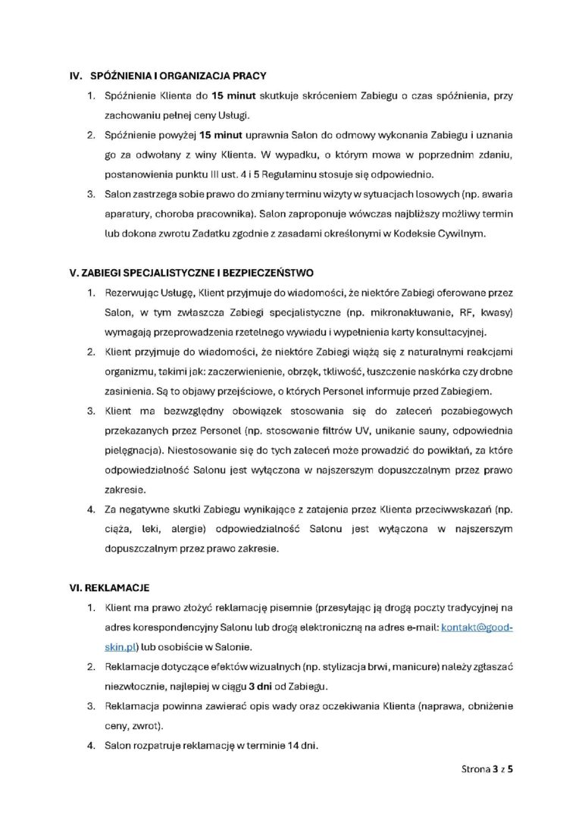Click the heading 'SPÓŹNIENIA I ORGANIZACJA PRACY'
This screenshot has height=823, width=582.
tap(177, 77)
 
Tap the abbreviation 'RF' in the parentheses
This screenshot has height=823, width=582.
tap(452, 312)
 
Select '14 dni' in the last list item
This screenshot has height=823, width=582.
tap(302, 746)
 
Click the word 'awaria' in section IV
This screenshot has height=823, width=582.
tap(495, 194)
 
